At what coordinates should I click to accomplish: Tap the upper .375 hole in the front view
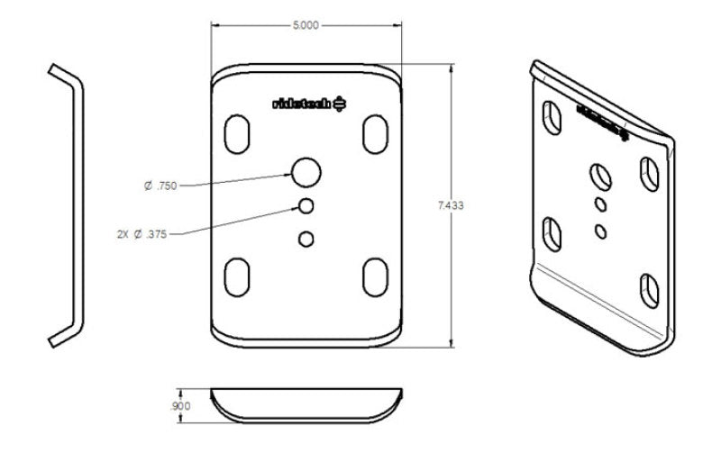pos(306,206)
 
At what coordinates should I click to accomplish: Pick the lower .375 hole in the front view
pos(306,239)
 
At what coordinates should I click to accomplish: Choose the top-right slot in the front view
pos(373,133)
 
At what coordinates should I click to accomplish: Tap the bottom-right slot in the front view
pos(373,276)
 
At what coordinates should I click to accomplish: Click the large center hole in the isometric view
pos(599,175)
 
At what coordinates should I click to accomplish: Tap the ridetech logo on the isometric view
pos(599,121)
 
